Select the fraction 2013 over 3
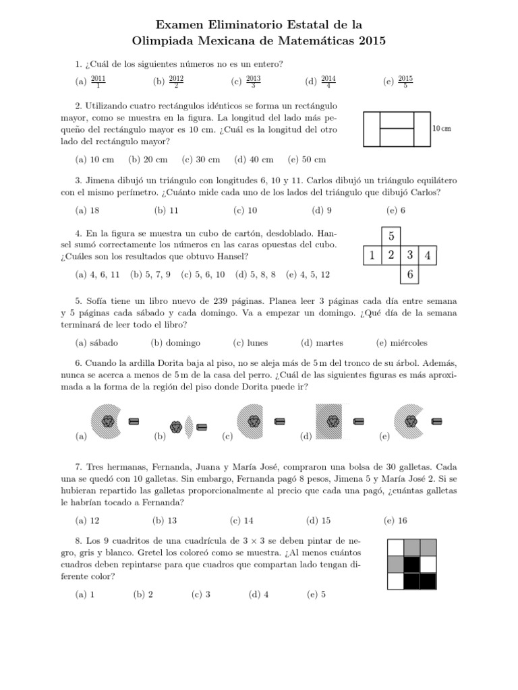(x=254, y=82)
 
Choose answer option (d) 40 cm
(x=254, y=160)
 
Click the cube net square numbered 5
(x=391, y=237)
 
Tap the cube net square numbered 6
(x=409, y=275)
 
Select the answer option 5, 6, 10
(x=205, y=275)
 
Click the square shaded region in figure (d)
(x=333, y=422)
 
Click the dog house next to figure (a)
(x=134, y=422)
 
